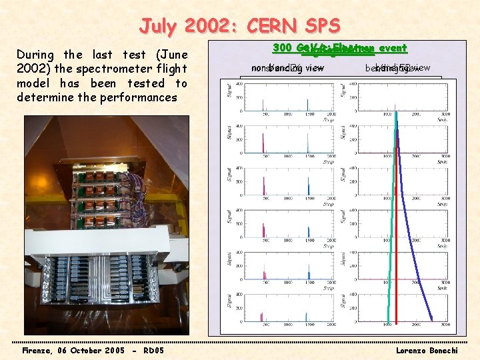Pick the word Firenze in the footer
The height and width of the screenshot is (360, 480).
(41, 350)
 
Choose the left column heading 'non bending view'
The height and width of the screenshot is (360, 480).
(287, 67)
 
